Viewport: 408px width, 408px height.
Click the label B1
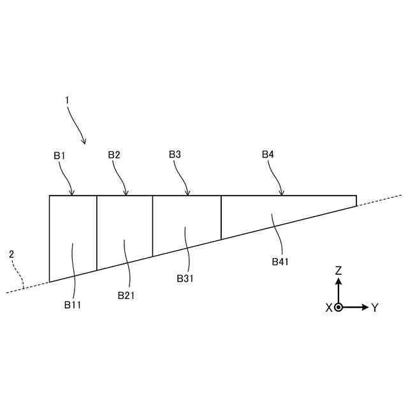(59, 155)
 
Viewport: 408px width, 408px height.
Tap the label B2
(114, 155)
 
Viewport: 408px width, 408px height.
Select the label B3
(175, 155)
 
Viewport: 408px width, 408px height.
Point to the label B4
(268, 155)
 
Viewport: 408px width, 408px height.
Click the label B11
(72, 305)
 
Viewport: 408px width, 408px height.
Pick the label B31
(185, 278)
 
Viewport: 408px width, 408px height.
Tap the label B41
(280, 261)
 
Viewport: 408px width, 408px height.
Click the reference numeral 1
(66, 100)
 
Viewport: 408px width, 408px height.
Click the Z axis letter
(339, 270)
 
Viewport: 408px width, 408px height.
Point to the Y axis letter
(375, 308)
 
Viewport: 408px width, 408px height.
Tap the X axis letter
(329, 308)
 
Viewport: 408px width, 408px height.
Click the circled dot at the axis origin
(339, 307)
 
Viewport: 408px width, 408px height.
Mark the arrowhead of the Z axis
(339, 281)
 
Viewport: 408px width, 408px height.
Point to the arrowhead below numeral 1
(84, 141)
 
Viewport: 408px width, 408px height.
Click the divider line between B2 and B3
(153, 226)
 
